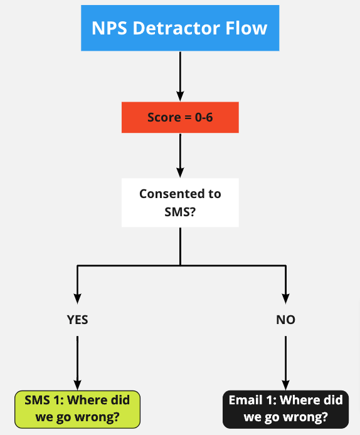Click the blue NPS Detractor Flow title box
(x=180, y=28)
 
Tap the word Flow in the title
(x=246, y=28)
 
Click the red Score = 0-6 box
(x=180, y=117)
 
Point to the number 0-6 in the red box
(x=204, y=117)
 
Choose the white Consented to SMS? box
(x=180, y=203)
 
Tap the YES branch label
(x=77, y=320)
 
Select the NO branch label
(x=285, y=320)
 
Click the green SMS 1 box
(x=77, y=409)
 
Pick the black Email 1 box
(x=285, y=409)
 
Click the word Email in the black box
(x=246, y=400)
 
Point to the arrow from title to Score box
(x=180, y=76)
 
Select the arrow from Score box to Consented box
(x=180, y=155)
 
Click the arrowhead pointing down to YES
(x=77, y=298)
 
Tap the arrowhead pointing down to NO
(x=285, y=298)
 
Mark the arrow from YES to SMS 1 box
(x=77, y=363)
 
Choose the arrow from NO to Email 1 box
(x=285, y=363)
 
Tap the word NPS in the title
(x=109, y=28)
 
